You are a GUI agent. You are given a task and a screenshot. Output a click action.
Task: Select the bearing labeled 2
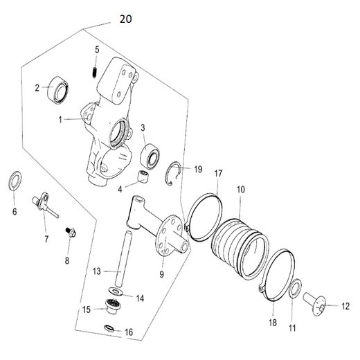pos(56,90)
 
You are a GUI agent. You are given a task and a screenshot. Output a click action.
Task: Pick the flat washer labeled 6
pos(15,183)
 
